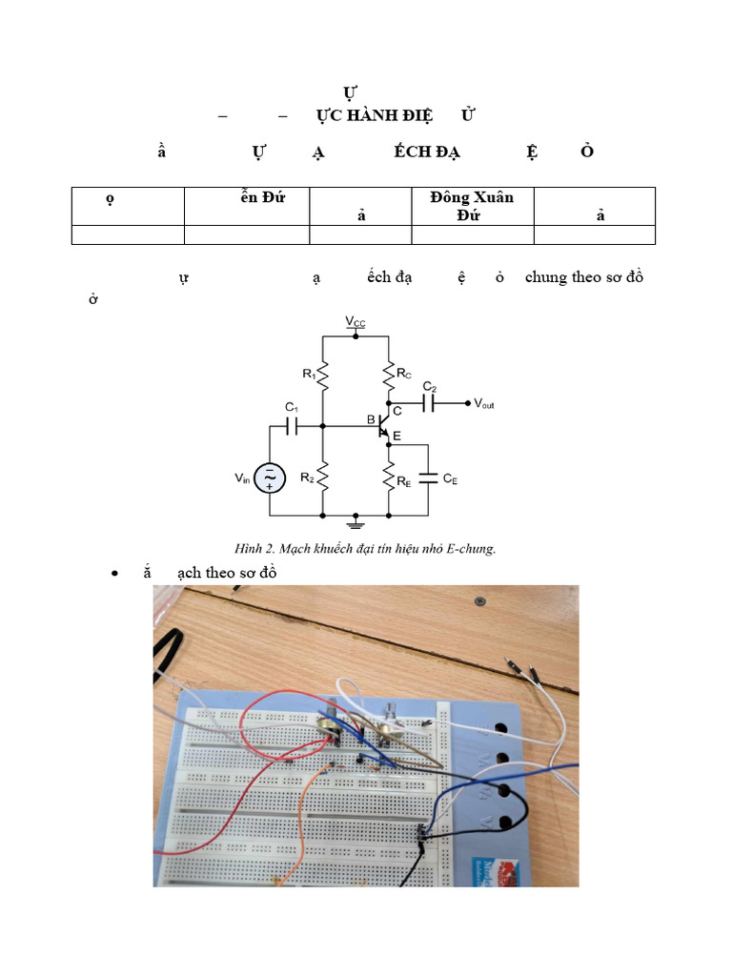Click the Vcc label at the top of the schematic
click(x=355, y=323)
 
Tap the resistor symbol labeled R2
click(x=323, y=474)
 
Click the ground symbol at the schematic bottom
click(x=356, y=521)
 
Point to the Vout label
click(x=484, y=404)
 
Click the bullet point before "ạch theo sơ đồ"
click(x=114, y=574)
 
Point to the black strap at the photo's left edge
click(x=169, y=653)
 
